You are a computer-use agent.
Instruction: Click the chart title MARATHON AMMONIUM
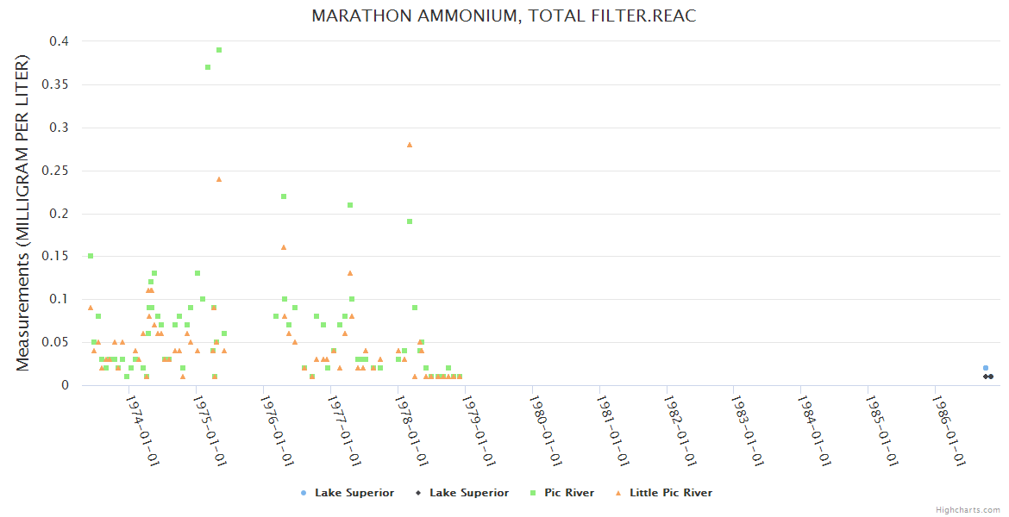coord(504,16)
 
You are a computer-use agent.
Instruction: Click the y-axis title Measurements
coord(23,213)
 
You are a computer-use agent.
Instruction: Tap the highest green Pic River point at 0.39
coord(219,50)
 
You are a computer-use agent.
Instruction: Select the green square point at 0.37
coord(208,67)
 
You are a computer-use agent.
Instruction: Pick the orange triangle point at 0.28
coord(410,145)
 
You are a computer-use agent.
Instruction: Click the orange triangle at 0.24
coord(219,179)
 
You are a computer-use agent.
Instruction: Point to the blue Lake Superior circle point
coord(986,368)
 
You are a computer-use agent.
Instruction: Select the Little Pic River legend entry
coord(670,493)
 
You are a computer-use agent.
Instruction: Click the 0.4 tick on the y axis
coord(60,41)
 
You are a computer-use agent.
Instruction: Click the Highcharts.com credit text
coord(968,509)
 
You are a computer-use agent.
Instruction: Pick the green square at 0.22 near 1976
coord(283,196)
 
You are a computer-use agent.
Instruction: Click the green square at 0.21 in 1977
coord(350,205)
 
